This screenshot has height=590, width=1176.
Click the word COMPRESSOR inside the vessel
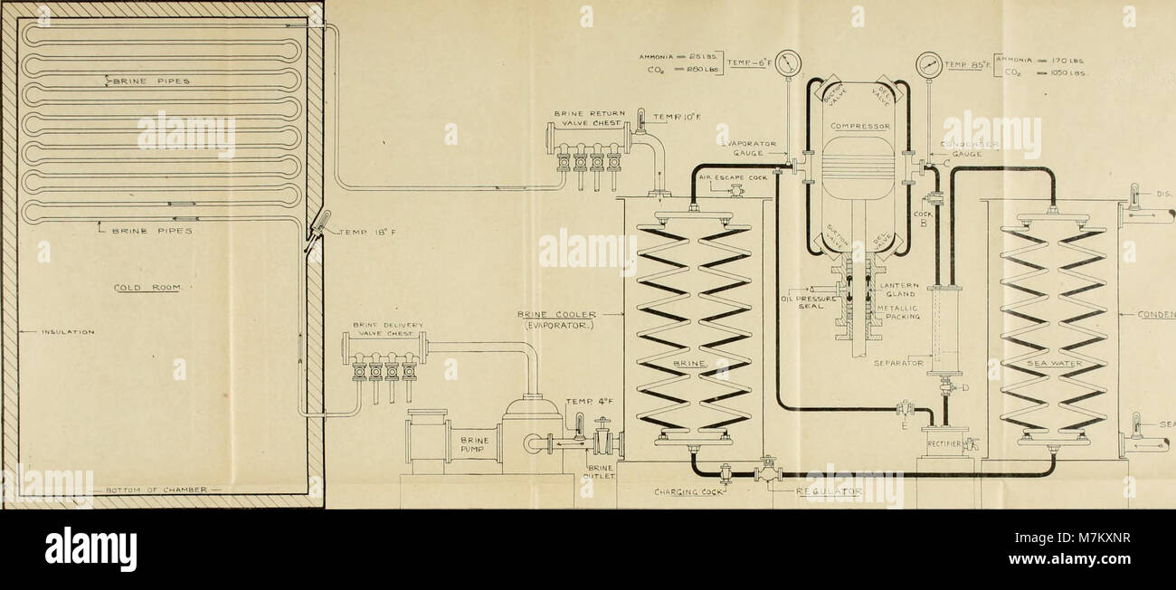856,126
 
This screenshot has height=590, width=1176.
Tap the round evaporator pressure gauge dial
788,62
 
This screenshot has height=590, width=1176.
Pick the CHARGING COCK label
690,494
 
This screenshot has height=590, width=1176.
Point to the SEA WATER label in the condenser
1054,363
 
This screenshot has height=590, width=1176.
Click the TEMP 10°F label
671,116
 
